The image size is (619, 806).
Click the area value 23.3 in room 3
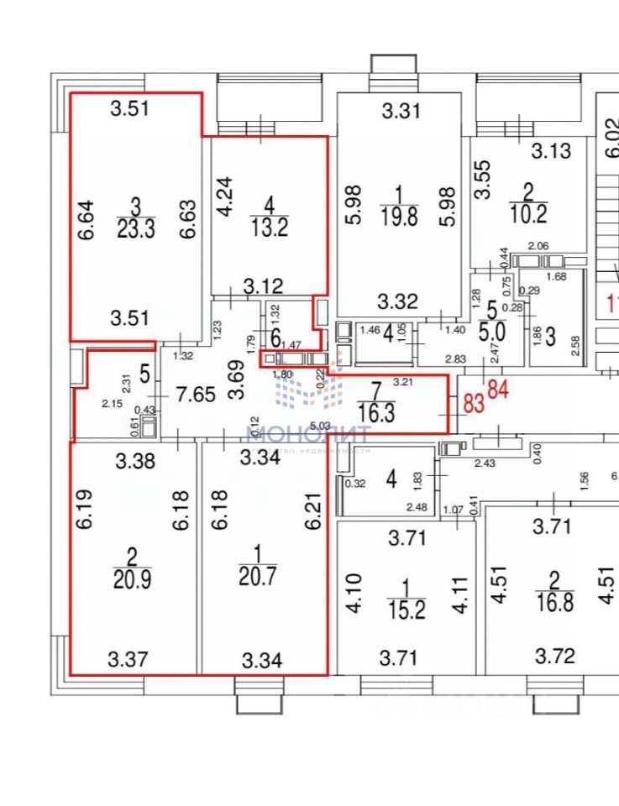point(135,229)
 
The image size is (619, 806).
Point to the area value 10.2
point(528,214)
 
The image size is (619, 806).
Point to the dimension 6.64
point(86,218)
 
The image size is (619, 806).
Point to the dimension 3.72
point(557,656)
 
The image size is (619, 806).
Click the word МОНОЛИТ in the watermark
point(307,434)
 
